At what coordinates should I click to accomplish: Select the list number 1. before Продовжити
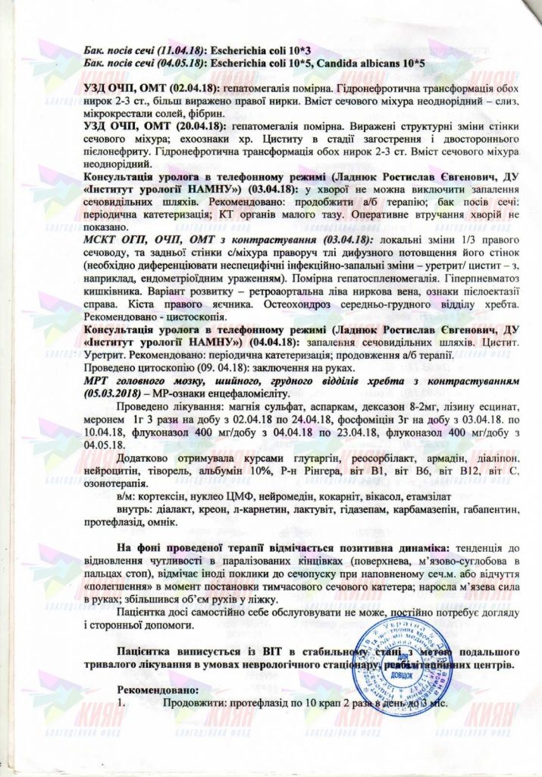(123, 703)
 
